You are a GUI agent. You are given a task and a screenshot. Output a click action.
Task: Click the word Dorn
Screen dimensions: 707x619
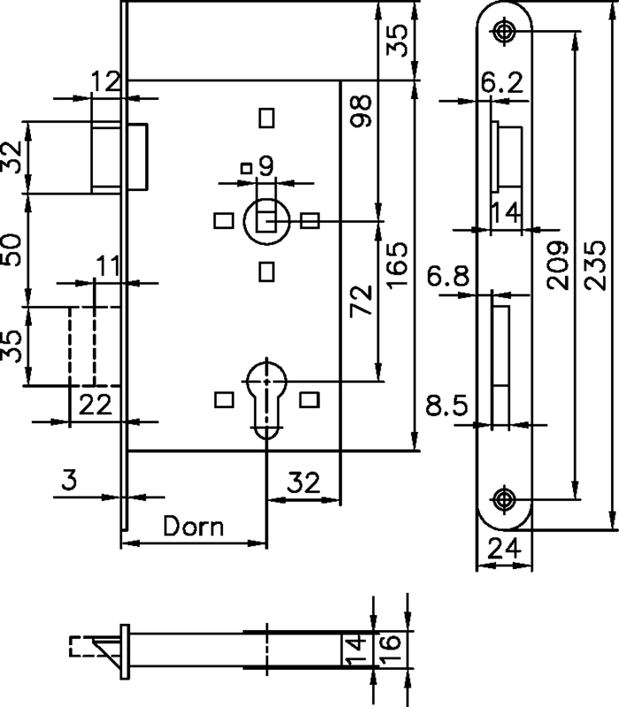pyautogui.click(x=194, y=527)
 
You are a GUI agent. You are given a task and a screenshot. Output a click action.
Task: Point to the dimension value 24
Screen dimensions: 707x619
pyautogui.click(x=504, y=550)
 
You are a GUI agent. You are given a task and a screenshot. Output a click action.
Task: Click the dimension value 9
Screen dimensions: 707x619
pyautogui.click(x=264, y=163)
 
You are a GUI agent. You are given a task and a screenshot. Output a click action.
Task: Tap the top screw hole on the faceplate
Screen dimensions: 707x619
pyautogui.click(x=505, y=32)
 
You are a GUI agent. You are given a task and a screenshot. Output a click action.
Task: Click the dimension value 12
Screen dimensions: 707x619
pyautogui.click(x=106, y=82)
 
